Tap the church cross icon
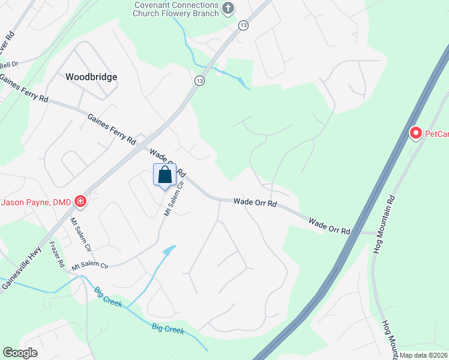pyautogui.click(x=228, y=8)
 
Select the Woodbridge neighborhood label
pyautogui.click(x=91, y=77)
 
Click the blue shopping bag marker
pyautogui.click(x=165, y=175)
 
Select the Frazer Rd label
pyautogui.click(x=57, y=254)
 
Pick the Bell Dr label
pyautogui.click(x=9, y=65)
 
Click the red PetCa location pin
pyautogui.click(x=415, y=133)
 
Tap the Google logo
pyautogui.click(x=20, y=353)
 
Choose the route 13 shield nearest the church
pyautogui.click(x=243, y=25)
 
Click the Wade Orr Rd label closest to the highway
pyautogui.click(x=329, y=226)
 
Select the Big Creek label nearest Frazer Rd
pyautogui.click(x=108, y=297)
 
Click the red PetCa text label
pyautogui.click(x=437, y=134)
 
